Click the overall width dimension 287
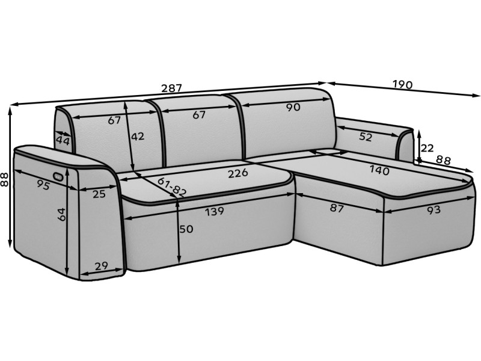pos(172,88)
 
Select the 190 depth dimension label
pos(402,84)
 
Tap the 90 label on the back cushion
pos(293,108)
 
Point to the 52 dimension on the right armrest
pos(366,137)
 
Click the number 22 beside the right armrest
pos(427,148)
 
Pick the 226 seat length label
pos(237,173)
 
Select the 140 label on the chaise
pos(379,170)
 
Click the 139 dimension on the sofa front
pos(215,211)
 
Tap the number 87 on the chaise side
pos(337,208)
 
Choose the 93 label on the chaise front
pos(434,210)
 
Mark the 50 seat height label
pos(186,229)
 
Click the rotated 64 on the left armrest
pos(61,214)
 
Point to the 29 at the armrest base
pos(101,266)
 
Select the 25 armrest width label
pos(99,194)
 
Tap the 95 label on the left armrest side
pos(43,185)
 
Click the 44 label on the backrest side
pos(63,141)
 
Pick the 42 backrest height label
pos(138,137)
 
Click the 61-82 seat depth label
pos(172,187)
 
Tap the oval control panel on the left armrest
pos(58,176)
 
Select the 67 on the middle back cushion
pos(199,115)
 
